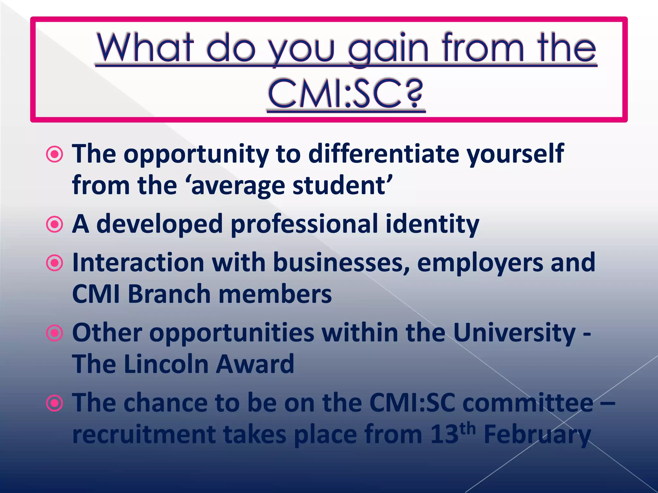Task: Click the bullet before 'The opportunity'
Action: pos(55,155)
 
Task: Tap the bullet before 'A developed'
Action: pos(55,225)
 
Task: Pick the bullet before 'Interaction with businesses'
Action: pos(55,263)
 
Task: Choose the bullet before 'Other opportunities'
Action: pos(55,333)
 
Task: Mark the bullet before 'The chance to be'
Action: pos(55,403)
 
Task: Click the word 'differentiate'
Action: pos(384,153)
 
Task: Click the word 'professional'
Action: pos(304,224)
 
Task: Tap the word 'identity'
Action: pos(432,224)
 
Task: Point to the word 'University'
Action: pos(514,333)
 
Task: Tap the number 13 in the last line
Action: pos(444,435)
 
